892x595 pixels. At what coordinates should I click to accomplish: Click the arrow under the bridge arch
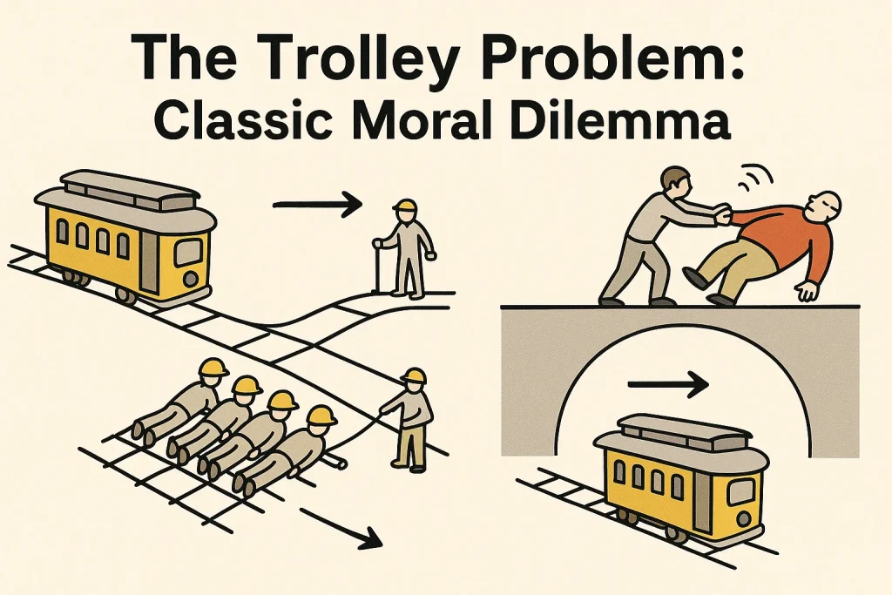click(x=667, y=382)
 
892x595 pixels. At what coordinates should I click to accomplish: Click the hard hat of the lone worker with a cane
click(x=404, y=208)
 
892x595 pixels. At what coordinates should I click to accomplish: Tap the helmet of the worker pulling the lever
click(x=415, y=375)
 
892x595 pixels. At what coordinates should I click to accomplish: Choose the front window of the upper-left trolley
click(x=188, y=251)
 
